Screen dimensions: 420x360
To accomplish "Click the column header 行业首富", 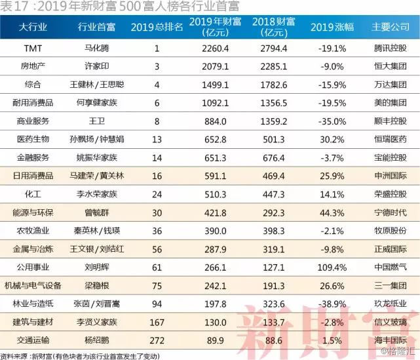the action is coord(96,27).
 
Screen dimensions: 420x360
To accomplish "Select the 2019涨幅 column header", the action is coord(332,27).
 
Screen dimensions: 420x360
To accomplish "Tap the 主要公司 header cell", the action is coord(391,27).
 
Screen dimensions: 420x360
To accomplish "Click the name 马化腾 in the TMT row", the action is coord(97,49).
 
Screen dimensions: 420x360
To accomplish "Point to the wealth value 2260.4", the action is coord(216,49).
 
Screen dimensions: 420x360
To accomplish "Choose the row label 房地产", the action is coord(33,66).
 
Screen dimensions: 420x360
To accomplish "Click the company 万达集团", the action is coord(391,85).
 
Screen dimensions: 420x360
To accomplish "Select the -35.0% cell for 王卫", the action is coord(332,121).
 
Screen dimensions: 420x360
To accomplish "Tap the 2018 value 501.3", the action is coord(273,140).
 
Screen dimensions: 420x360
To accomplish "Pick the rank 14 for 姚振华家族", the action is coord(157,158).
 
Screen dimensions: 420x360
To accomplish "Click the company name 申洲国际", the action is coord(391,176).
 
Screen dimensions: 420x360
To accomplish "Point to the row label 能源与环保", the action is coord(33,212).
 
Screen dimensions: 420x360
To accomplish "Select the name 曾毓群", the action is coord(97,212).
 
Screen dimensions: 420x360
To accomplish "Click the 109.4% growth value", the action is coord(332,268).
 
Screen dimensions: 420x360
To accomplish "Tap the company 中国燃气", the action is coord(391,268).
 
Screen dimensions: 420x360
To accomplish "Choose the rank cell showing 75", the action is coord(157,286).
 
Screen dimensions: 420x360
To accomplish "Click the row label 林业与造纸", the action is coord(33,304).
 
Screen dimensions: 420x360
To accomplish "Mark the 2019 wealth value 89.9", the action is coord(216,340).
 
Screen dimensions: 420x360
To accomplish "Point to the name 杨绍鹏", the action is coord(97,340).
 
